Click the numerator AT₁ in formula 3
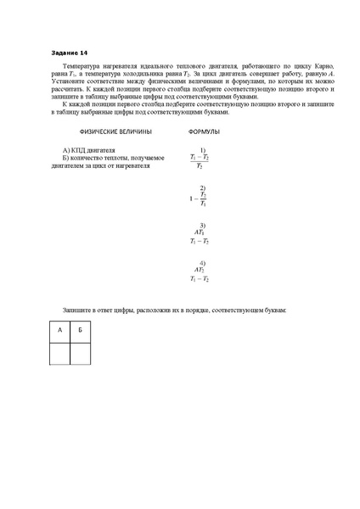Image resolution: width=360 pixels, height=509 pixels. click(200, 232)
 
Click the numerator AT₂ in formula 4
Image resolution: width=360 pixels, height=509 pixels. click(200, 270)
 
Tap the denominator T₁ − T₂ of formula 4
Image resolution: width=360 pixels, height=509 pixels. click(200, 279)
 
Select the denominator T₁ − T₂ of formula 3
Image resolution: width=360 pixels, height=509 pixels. click(200, 242)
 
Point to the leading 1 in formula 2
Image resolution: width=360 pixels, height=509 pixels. click(192, 199)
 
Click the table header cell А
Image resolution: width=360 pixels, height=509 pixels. click(59, 329)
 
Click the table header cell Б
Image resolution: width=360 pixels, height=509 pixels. click(80, 329)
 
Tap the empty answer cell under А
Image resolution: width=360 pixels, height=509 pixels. click(59, 352)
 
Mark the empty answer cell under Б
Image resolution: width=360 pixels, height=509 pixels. click(80, 352)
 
